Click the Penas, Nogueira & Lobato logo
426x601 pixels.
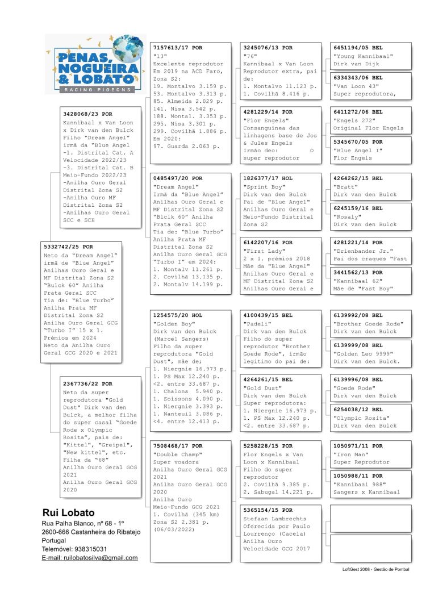click(x=95, y=64)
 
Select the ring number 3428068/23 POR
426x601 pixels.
click(x=87, y=114)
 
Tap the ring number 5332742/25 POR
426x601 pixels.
click(x=68, y=247)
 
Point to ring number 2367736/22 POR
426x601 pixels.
click(x=87, y=384)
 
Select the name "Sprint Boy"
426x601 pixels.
click(x=261, y=186)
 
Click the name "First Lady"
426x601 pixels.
click(x=261, y=251)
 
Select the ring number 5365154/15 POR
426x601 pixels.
click(x=268, y=511)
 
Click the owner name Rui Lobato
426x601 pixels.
click(x=68, y=512)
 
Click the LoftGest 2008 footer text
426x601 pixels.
click(x=372, y=569)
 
